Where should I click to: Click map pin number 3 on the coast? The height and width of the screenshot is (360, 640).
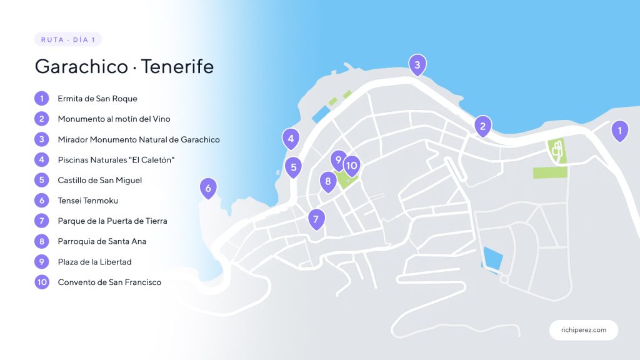417,64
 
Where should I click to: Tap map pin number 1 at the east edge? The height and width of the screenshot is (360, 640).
619,130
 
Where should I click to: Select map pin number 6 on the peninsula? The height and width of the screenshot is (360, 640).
208,187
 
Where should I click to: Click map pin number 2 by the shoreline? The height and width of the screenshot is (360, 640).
482,126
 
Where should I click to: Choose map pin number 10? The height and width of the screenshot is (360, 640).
352,165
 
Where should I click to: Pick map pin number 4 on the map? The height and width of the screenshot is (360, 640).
291,138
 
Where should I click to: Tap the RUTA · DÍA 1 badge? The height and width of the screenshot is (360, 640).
68,39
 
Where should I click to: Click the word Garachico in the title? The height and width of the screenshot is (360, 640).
81,66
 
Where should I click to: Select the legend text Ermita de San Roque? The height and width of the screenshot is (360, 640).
97,99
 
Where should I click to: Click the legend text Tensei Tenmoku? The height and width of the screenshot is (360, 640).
88,201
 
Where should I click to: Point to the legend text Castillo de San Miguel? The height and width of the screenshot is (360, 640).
100,180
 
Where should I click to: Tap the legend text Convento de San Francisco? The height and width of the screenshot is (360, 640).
109,282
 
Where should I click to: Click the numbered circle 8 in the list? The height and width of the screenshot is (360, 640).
42,241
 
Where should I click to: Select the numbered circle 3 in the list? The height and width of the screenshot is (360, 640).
42,139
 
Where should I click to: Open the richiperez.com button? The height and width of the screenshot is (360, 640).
584,330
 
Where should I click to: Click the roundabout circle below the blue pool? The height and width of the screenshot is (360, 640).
504,279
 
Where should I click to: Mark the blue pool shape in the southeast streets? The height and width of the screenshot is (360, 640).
492,257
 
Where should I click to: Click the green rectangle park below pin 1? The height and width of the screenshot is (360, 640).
549,172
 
